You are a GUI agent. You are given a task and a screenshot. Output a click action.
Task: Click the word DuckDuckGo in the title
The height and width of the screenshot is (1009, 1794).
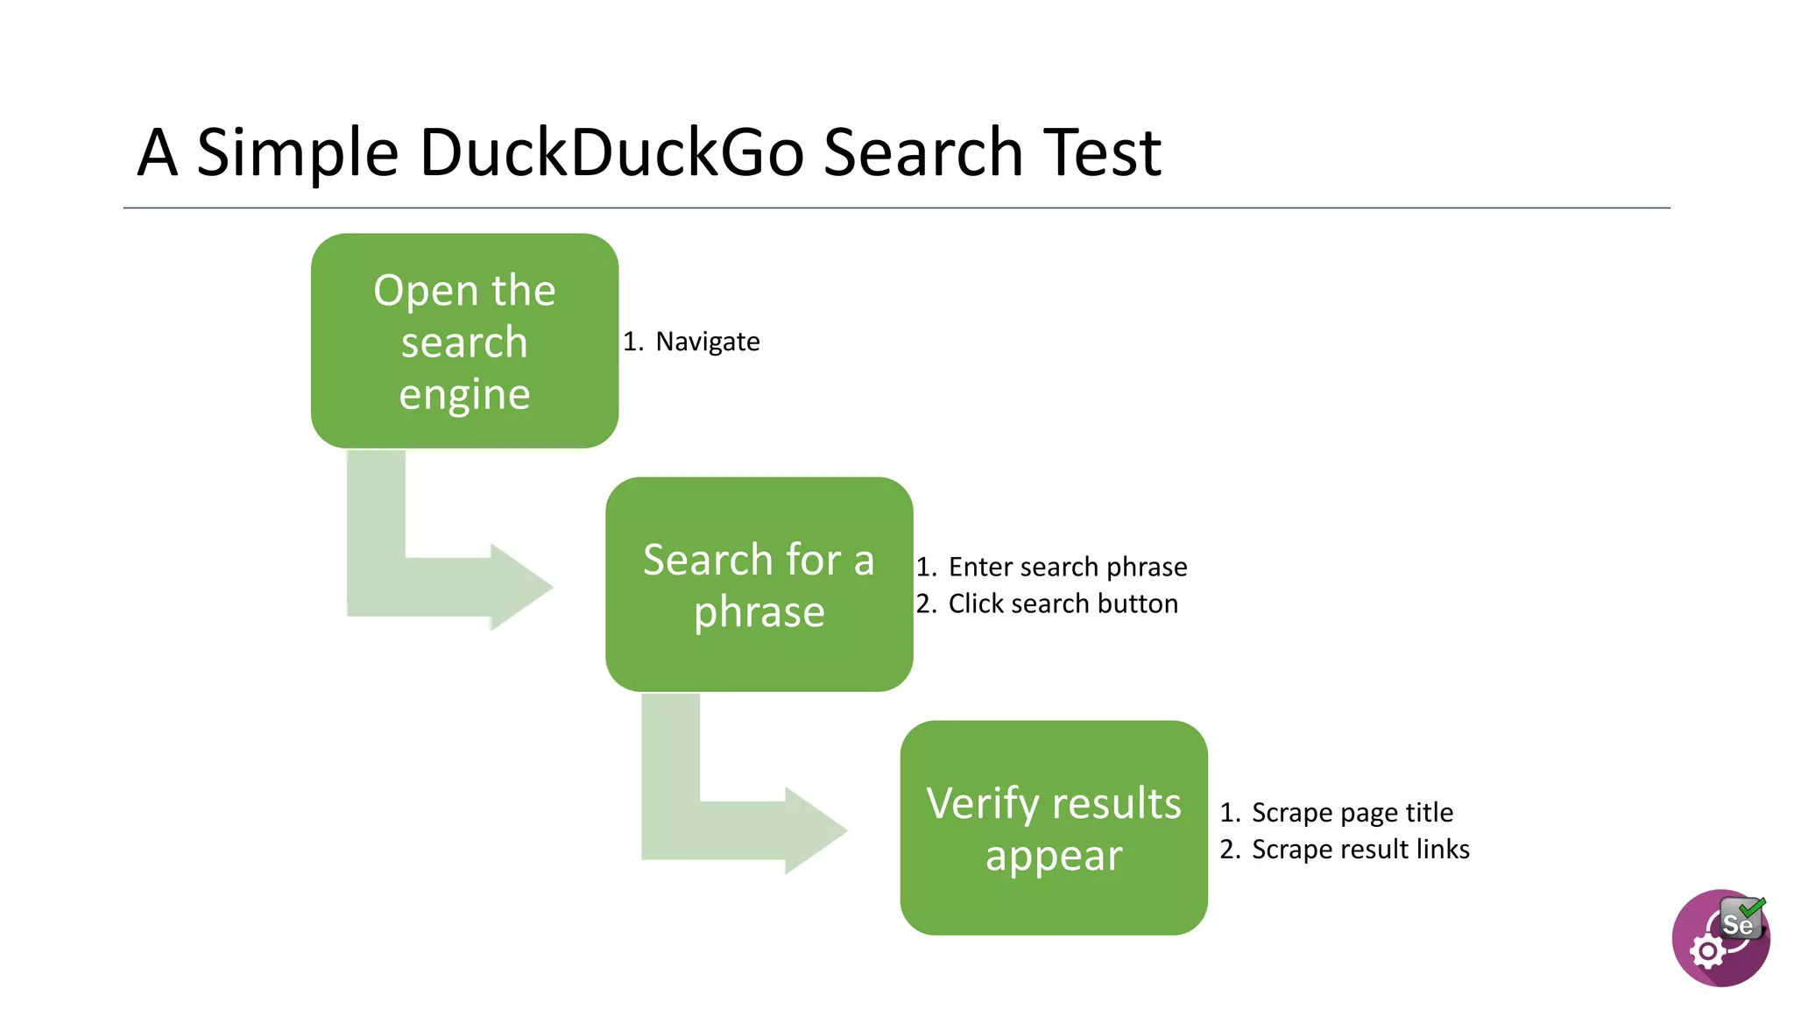[611, 152]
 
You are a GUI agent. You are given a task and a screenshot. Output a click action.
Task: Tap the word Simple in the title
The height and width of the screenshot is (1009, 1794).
[298, 152]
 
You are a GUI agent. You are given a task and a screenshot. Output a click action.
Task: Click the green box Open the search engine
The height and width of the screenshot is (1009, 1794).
[464, 341]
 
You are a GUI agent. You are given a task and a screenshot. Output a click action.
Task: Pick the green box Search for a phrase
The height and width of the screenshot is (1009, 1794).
[759, 584]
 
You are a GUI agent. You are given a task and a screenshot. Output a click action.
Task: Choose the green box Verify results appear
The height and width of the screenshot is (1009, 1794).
[1053, 828]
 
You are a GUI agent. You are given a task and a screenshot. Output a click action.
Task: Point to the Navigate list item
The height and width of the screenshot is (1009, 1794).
[707, 342]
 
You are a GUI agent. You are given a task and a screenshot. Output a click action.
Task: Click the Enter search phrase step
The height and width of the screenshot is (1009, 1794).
[1067, 567]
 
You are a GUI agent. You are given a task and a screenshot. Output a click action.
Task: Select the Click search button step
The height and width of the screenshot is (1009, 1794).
[1063, 603]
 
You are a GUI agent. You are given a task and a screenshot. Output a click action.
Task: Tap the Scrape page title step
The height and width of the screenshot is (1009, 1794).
[1352, 812]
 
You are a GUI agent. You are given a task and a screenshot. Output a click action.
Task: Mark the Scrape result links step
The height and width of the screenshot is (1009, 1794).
[1360, 849]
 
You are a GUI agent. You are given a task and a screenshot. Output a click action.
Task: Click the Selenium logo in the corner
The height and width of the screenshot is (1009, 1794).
[1720, 938]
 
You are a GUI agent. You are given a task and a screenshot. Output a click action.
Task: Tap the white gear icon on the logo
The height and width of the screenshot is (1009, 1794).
[1707, 951]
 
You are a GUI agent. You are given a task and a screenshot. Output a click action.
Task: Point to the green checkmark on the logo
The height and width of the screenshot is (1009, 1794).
[1753, 907]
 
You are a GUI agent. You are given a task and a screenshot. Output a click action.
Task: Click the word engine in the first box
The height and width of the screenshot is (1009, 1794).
[464, 394]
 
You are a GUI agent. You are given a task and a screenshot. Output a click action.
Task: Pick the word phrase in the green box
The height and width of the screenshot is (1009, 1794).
[759, 611]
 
